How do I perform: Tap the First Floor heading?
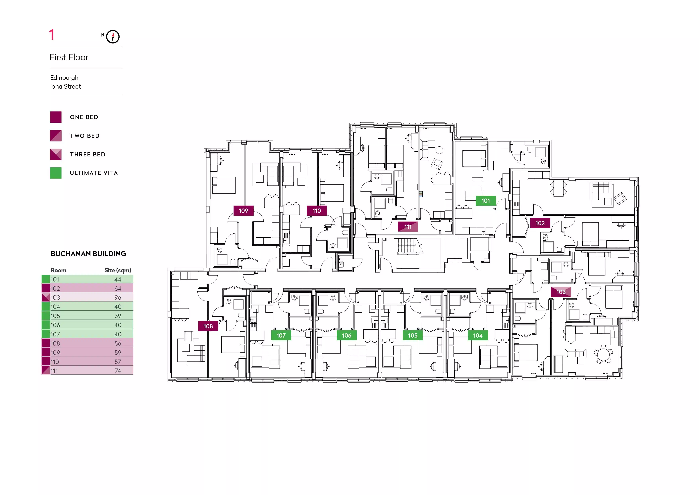(69, 57)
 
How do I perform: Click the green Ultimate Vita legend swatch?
(56, 173)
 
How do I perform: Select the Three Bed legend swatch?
(56, 154)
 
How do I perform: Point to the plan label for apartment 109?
(243, 211)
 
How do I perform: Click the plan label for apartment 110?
(317, 211)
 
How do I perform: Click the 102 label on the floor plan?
(540, 223)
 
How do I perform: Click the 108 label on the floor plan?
(208, 326)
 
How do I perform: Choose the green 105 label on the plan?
(413, 335)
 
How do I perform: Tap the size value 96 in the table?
(118, 297)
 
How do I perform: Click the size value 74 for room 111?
(118, 371)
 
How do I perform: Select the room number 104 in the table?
(55, 307)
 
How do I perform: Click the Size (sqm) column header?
(118, 270)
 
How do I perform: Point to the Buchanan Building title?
(88, 254)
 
